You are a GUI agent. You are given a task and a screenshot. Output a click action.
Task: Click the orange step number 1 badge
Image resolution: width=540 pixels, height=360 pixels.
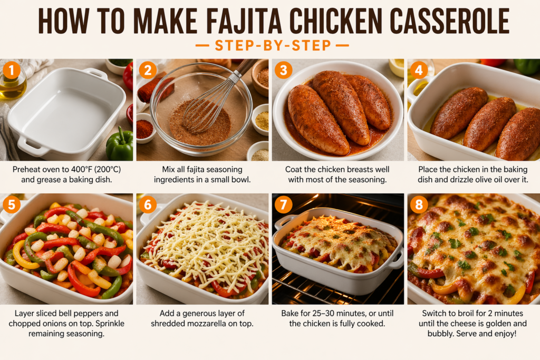click(12, 70)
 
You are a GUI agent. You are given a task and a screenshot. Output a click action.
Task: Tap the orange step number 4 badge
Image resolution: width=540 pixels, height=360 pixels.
click(419, 70)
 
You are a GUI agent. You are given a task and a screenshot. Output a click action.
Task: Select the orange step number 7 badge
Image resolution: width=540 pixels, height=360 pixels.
click(283, 205)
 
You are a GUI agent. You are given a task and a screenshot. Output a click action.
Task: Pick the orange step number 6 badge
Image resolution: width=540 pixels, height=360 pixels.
click(148, 205)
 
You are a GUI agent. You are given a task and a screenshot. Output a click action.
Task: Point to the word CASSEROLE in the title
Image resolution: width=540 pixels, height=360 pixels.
click(449, 21)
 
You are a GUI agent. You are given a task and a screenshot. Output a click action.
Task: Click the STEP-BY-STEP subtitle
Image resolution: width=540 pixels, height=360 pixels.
click(273, 45)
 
